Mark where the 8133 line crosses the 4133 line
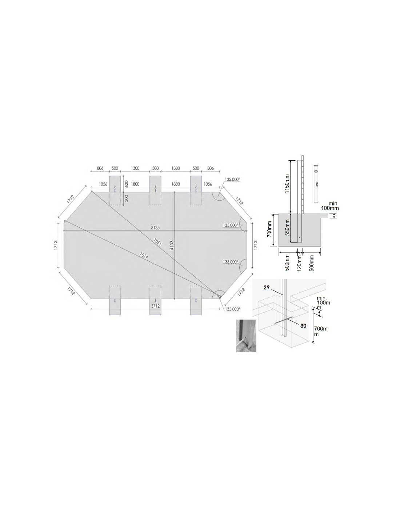(175, 231)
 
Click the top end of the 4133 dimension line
(175, 192)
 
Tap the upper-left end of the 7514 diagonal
(64, 220)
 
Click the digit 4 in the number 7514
(147, 257)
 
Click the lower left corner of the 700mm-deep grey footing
(279, 246)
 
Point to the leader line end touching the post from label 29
(283, 295)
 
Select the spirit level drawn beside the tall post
(316, 184)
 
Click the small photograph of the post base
(246, 336)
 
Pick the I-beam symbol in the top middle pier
(155, 191)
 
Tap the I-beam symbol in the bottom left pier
(115, 301)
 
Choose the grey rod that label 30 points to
(284, 320)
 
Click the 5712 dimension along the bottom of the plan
(155, 306)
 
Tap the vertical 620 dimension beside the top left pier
(126, 184)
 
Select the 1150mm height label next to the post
(287, 184)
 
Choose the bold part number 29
(267, 288)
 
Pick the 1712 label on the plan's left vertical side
(55, 245)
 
